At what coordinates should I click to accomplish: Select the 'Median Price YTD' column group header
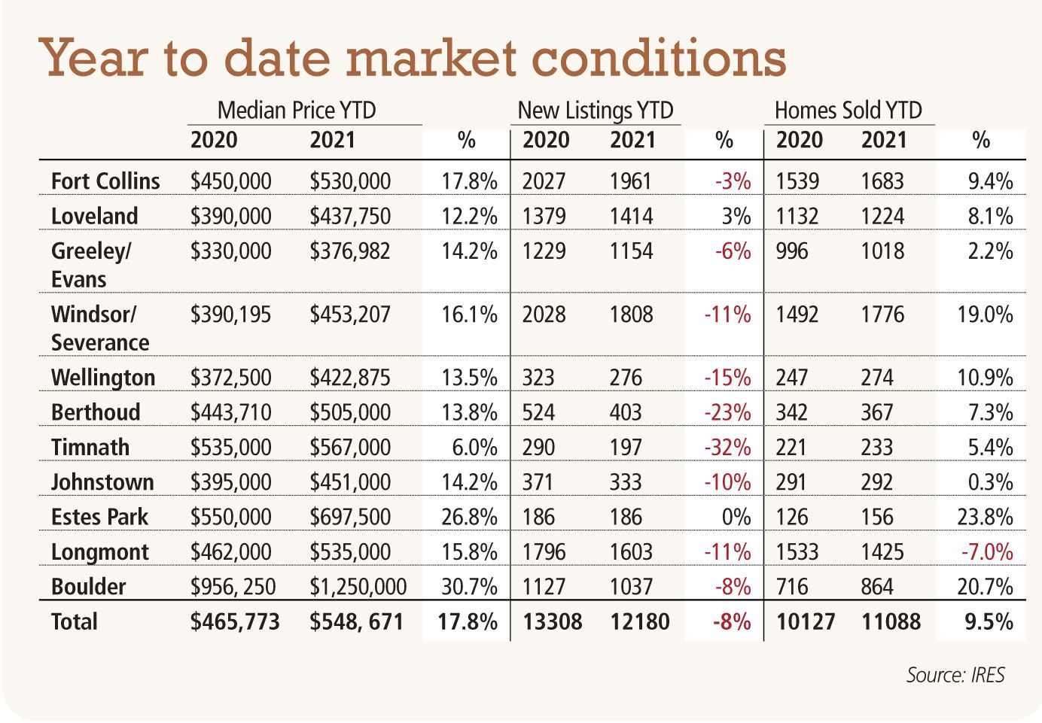pyautogui.click(x=296, y=111)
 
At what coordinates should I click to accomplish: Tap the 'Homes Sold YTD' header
pyautogui.click(x=848, y=111)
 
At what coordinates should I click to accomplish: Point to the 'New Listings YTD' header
pyautogui.click(x=595, y=111)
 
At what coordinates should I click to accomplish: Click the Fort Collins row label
pyautogui.click(x=105, y=181)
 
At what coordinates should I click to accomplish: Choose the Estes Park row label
pyautogui.click(x=99, y=517)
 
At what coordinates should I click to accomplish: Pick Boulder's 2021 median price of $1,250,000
pyautogui.click(x=358, y=587)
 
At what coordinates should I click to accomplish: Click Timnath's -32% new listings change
pyautogui.click(x=727, y=448)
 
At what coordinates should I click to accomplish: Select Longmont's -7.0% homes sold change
pyautogui.click(x=986, y=552)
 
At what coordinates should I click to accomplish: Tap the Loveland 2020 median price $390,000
pyautogui.click(x=230, y=217)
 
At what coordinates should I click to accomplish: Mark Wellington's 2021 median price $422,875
pyautogui.click(x=350, y=378)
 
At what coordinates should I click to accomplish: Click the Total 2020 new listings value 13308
pyautogui.click(x=552, y=622)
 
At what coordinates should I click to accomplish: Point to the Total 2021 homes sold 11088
pyautogui.click(x=891, y=622)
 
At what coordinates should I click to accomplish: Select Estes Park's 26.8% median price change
pyautogui.click(x=469, y=518)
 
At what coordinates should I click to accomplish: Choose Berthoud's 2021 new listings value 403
pyautogui.click(x=626, y=413)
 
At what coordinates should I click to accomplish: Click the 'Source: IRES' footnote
pyautogui.click(x=955, y=675)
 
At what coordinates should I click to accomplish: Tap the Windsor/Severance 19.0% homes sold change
pyautogui.click(x=985, y=314)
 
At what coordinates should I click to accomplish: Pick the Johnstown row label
pyautogui.click(x=102, y=482)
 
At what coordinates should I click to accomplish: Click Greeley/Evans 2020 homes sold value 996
pyautogui.click(x=792, y=251)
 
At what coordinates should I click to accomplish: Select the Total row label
pyautogui.click(x=75, y=622)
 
